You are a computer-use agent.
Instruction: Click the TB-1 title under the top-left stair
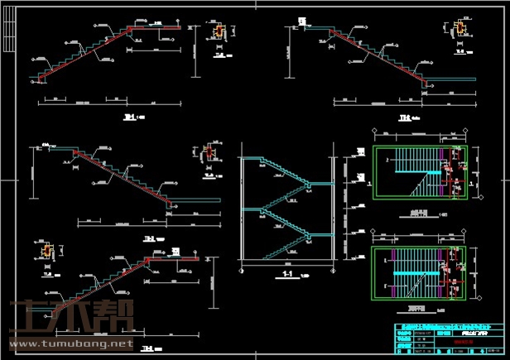point(130,118)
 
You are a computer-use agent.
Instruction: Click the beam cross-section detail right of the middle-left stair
point(209,155)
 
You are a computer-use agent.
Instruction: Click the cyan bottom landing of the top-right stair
point(451,81)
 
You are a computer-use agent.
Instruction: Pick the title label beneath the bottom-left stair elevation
point(149,347)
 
